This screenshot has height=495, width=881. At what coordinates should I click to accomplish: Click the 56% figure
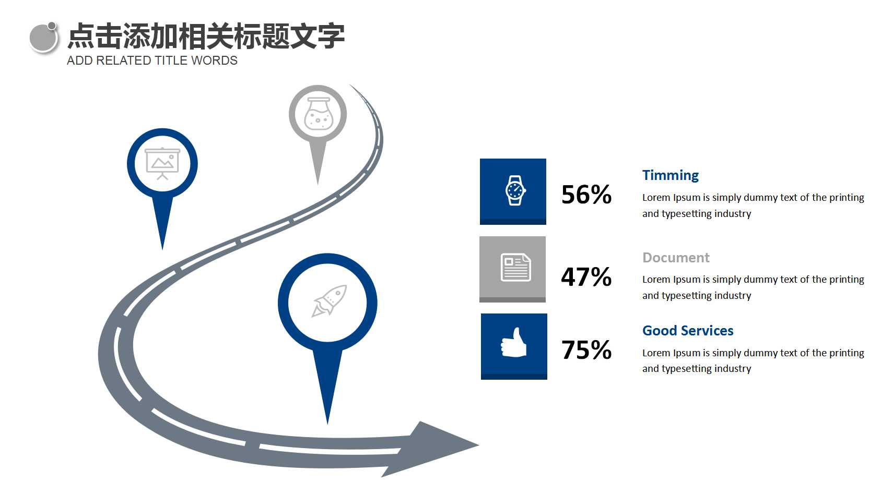pyautogui.click(x=586, y=195)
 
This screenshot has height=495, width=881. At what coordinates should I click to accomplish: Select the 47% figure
pyautogui.click(x=586, y=276)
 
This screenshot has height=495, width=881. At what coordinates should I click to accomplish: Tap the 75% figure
pyautogui.click(x=586, y=349)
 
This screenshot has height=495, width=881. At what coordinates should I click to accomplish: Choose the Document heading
pyautogui.click(x=676, y=258)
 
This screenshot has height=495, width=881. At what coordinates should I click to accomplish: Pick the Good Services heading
pyautogui.click(x=688, y=331)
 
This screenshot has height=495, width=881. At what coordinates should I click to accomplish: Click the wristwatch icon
pyautogui.click(x=515, y=190)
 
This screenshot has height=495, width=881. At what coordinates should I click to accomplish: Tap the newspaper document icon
pyautogui.click(x=515, y=268)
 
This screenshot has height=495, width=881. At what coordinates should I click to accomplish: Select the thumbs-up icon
pyautogui.click(x=514, y=343)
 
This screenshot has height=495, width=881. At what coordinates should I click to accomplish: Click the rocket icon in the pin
pyautogui.click(x=329, y=300)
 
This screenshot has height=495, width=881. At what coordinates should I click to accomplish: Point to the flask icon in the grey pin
pyautogui.click(x=318, y=114)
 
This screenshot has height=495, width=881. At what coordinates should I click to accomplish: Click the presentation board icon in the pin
pyautogui.click(x=162, y=164)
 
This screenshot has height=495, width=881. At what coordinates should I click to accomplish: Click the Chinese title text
pyautogui.click(x=206, y=36)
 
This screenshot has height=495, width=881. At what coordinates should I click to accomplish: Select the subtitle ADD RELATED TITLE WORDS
pyautogui.click(x=152, y=61)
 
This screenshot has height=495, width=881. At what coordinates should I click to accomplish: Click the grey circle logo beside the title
pyautogui.click(x=44, y=38)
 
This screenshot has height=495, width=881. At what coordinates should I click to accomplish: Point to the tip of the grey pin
pyautogui.click(x=318, y=184)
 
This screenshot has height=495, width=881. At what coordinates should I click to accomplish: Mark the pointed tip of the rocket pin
pyautogui.click(x=327, y=424)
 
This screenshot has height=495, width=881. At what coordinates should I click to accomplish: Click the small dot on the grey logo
pyautogui.click(x=52, y=26)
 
